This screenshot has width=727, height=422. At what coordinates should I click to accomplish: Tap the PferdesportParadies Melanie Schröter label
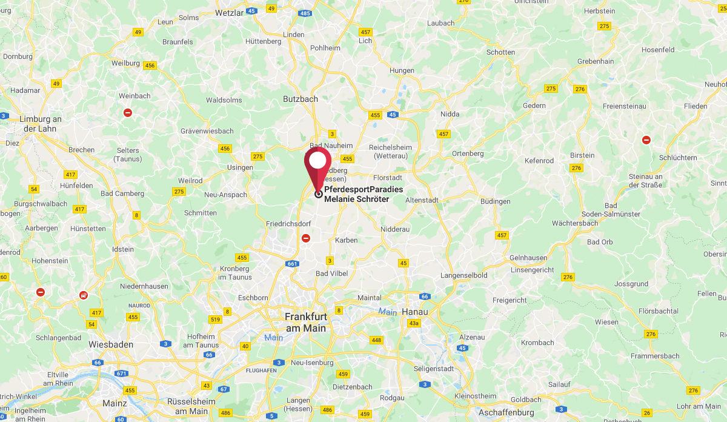(x=363, y=194)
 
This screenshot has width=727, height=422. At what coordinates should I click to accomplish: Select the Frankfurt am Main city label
(x=305, y=322)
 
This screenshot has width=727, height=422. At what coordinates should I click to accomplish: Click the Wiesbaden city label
(x=111, y=344)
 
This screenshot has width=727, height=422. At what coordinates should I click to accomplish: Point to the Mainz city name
(x=115, y=403)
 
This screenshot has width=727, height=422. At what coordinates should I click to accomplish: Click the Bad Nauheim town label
(x=331, y=146)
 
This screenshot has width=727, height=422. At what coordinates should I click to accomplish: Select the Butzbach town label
(x=300, y=98)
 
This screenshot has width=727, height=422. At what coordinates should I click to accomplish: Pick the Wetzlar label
(x=229, y=12)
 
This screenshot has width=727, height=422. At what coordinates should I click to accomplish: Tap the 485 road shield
(x=305, y=13)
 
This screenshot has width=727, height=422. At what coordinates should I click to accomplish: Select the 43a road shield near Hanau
(x=414, y=323)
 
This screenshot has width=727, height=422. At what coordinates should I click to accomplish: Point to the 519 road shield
(x=214, y=320)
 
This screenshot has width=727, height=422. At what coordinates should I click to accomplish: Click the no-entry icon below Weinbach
(x=128, y=113)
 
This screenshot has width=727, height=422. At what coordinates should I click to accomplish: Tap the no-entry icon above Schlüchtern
(x=646, y=140)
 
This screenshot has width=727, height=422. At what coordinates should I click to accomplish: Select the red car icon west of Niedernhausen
(x=83, y=295)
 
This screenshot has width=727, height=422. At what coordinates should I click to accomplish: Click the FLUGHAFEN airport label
(x=261, y=370)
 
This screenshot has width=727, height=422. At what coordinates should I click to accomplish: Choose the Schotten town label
(x=500, y=52)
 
